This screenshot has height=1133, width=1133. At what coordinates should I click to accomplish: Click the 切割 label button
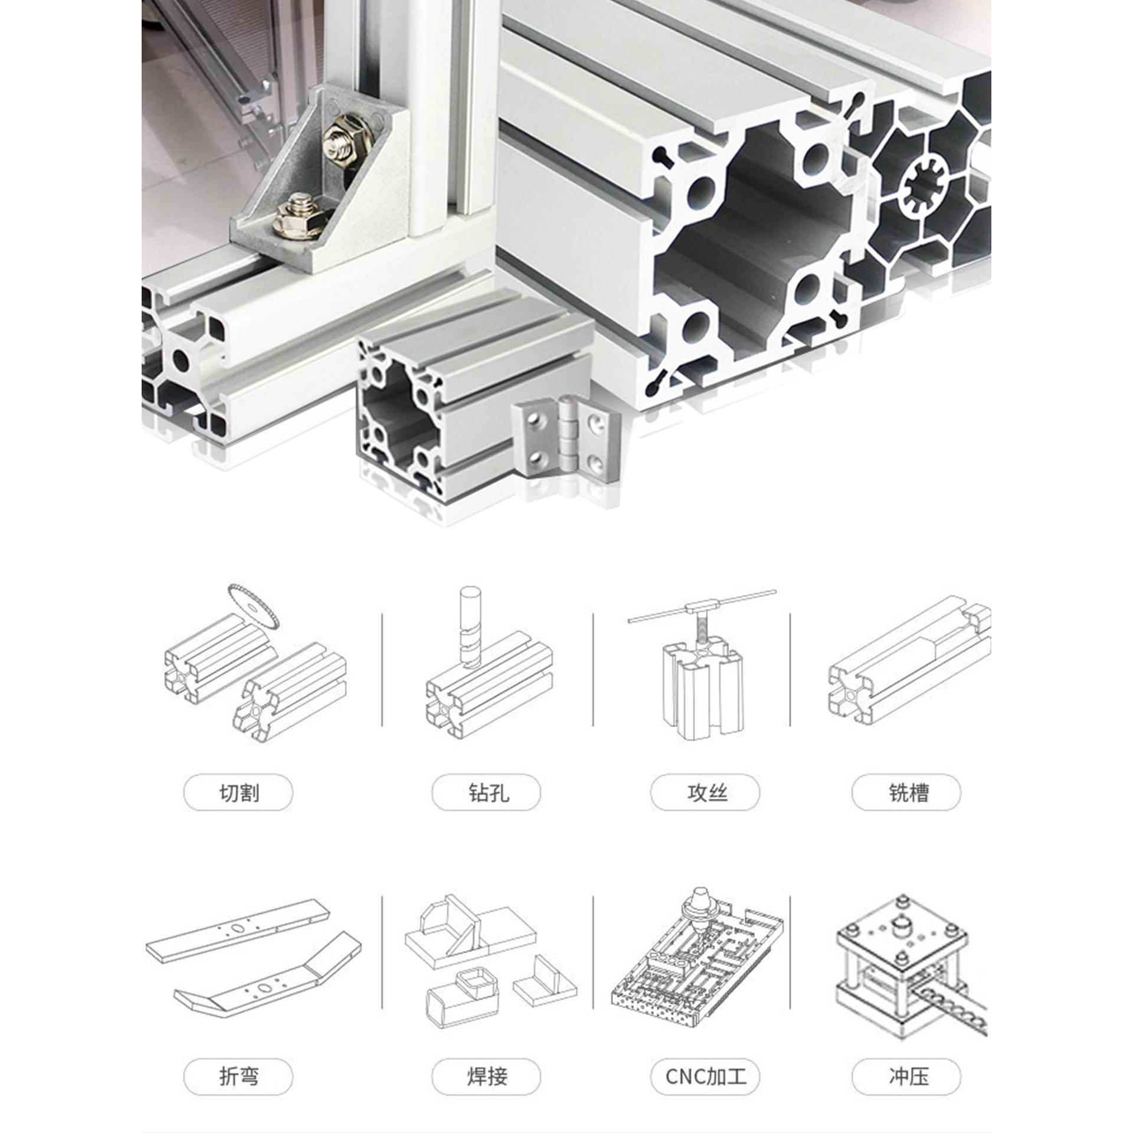pos(238,793)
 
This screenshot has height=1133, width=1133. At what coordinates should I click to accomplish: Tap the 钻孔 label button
pos(486,793)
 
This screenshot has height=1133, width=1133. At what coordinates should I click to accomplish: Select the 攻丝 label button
pos(705,793)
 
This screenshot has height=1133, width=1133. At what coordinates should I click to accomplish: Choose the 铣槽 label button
pos(906,793)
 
